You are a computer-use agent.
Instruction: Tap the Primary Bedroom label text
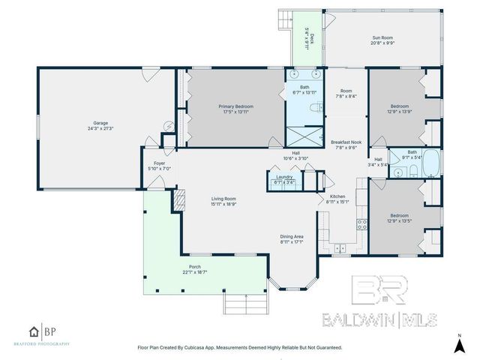click(235, 106)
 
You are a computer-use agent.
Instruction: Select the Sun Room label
click(383, 37)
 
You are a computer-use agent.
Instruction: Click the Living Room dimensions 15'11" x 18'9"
click(224, 203)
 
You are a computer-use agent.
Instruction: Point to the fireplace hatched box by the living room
click(178, 197)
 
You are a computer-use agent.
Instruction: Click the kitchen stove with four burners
click(362, 223)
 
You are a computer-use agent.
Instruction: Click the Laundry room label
click(283, 176)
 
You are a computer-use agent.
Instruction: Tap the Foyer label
click(159, 163)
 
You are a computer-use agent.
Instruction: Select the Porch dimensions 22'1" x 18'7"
click(195, 272)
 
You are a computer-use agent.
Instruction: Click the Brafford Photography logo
click(48, 334)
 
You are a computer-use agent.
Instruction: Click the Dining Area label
click(292, 236)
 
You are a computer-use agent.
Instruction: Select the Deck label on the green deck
click(307, 37)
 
